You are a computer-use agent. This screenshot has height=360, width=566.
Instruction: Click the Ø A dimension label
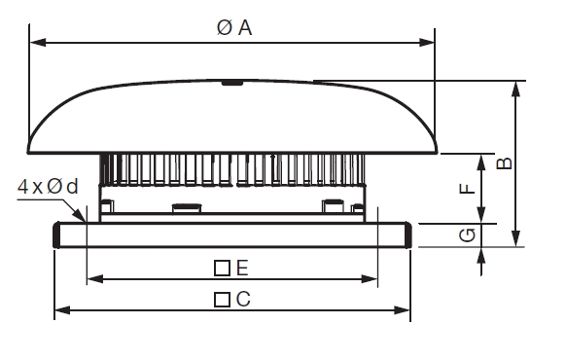click(x=234, y=28)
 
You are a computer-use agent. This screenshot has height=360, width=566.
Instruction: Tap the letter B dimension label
click(x=505, y=163)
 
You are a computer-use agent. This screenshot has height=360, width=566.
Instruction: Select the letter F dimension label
click(x=467, y=188)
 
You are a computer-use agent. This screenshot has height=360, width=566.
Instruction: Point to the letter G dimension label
click(x=468, y=235)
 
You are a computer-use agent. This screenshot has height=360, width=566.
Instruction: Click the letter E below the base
click(x=242, y=268)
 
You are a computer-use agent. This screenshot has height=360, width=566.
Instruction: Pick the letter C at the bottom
click(x=243, y=299)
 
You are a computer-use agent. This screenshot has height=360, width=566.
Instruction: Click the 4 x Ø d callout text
click(x=48, y=186)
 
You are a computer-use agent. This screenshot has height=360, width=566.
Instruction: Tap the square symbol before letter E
click(x=222, y=269)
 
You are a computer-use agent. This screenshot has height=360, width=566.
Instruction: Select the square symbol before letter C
click(x=222, y=300)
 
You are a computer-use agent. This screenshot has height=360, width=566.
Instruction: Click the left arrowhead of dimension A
click(x=38, y=42)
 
